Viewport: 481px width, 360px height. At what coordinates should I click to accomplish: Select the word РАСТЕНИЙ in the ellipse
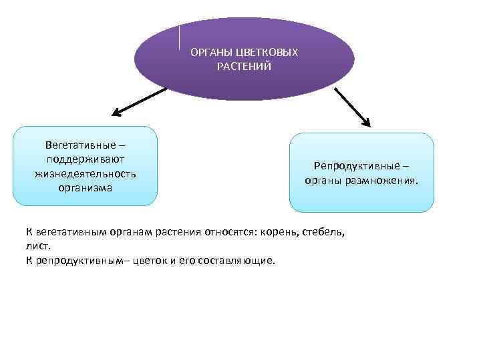[x=244, y=67]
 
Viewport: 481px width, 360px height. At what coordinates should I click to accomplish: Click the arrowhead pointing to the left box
[x=114, y=113]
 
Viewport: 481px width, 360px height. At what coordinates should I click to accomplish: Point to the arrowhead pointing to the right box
[x=365, y=122]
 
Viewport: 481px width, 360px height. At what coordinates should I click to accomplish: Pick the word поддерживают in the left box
[x=86, y=159]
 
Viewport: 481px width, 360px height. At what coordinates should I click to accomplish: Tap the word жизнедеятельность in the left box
[x=86, y=174]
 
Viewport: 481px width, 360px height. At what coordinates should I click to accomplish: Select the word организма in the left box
[x=85, y=188]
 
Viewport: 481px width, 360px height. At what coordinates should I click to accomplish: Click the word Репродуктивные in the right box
[x=356, y=166]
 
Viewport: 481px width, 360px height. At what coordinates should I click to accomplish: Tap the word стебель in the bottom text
[x=323, y=232]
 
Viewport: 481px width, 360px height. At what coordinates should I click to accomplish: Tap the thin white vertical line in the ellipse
[x=180, y=37]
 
